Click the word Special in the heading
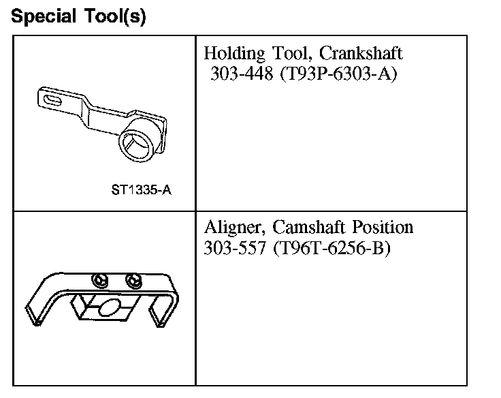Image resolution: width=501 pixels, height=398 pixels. tap(44, 16)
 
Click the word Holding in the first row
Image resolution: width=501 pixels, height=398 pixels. tap(235, 53)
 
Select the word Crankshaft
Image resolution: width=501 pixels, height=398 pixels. tap(361, 52)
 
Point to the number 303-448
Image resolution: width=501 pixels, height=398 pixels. tap(242, 74)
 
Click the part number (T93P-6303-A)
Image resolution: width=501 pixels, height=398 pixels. tap(338, 74)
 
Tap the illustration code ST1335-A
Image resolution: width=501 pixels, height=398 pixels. tap(141, 190)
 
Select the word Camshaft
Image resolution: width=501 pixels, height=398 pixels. tap(308, 227)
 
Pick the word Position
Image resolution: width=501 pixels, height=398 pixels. tap(383, 227)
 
